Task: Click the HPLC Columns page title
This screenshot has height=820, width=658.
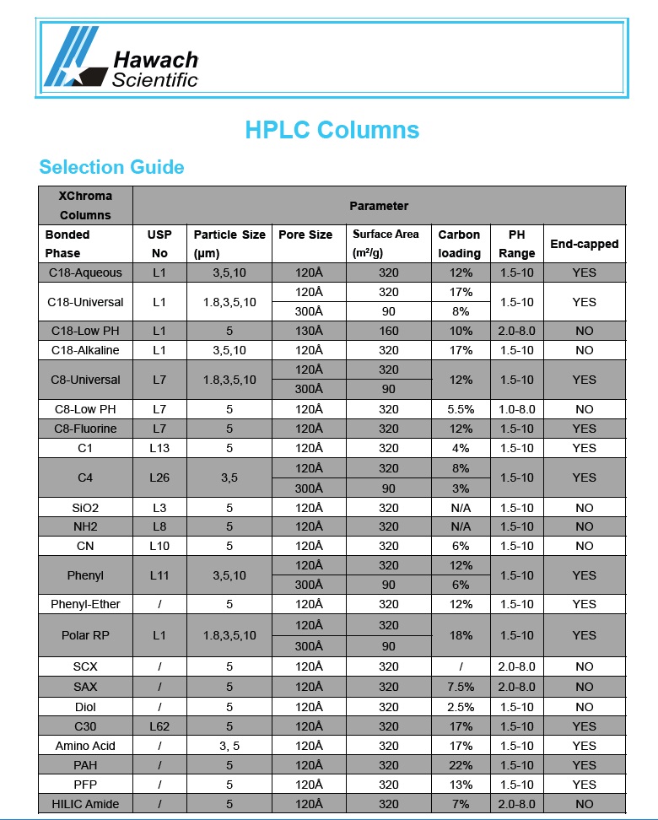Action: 332,130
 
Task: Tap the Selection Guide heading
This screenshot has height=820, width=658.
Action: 111,167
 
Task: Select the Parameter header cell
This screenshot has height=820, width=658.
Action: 379,206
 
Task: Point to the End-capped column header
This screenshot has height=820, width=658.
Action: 584,244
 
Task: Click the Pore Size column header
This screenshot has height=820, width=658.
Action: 305,235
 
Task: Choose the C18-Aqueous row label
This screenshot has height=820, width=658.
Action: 85,272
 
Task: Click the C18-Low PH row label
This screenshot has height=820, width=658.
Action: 85,331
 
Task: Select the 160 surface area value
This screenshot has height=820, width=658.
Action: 388,331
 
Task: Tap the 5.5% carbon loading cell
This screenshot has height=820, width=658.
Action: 461,409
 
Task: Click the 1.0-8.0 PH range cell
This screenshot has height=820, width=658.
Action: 516,409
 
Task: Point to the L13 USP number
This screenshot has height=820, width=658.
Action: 159,448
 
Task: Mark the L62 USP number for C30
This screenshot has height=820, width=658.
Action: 159,726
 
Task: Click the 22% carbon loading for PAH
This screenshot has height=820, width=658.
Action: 461,765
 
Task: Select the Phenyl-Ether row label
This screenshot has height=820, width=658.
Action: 85,604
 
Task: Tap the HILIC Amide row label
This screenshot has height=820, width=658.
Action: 85,804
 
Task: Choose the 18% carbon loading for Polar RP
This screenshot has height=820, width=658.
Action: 461,635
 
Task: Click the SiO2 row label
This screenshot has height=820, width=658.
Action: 85,508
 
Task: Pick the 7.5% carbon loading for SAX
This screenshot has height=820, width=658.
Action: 461,687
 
